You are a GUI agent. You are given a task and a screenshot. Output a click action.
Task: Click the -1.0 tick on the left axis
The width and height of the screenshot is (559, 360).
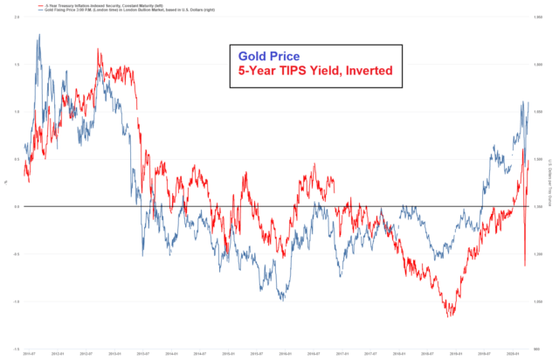pyautogui.click(x=17, y=301)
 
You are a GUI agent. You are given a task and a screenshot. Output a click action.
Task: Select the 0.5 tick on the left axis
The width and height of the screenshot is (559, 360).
pyautogui.click(x=17, y=159)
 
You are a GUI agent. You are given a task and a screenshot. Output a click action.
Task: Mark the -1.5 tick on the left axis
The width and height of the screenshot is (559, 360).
pyautogui.click(x=17, y=348)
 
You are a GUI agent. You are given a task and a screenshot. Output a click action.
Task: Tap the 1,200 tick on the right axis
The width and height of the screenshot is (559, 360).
pyautogui.click(x=538, y=253)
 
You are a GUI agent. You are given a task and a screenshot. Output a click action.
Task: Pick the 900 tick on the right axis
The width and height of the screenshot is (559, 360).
pyautogui.click(x=539, y=348)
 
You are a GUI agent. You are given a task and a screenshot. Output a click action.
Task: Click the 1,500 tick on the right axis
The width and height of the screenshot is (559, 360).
pyautogui.click(x=538, y=159)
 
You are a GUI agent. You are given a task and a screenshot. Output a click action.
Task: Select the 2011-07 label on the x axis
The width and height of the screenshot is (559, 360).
pyautogui.click(x=30, y=354)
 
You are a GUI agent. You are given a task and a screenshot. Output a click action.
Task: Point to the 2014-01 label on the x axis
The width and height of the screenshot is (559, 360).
pyautogui.click(x=171, y=354)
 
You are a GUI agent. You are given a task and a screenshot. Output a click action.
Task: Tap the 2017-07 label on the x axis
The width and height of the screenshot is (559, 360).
pyautogui.click(x=370, y=354)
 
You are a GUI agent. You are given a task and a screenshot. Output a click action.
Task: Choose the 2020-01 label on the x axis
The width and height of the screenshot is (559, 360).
pyautogui.click(x=513, y=354)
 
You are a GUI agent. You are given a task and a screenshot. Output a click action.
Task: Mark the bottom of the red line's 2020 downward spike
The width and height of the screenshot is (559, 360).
pyautogui.click(x=524, y=266)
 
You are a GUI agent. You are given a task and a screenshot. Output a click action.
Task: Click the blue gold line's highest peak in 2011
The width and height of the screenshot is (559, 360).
pyautogui.click(x=39, y=35)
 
